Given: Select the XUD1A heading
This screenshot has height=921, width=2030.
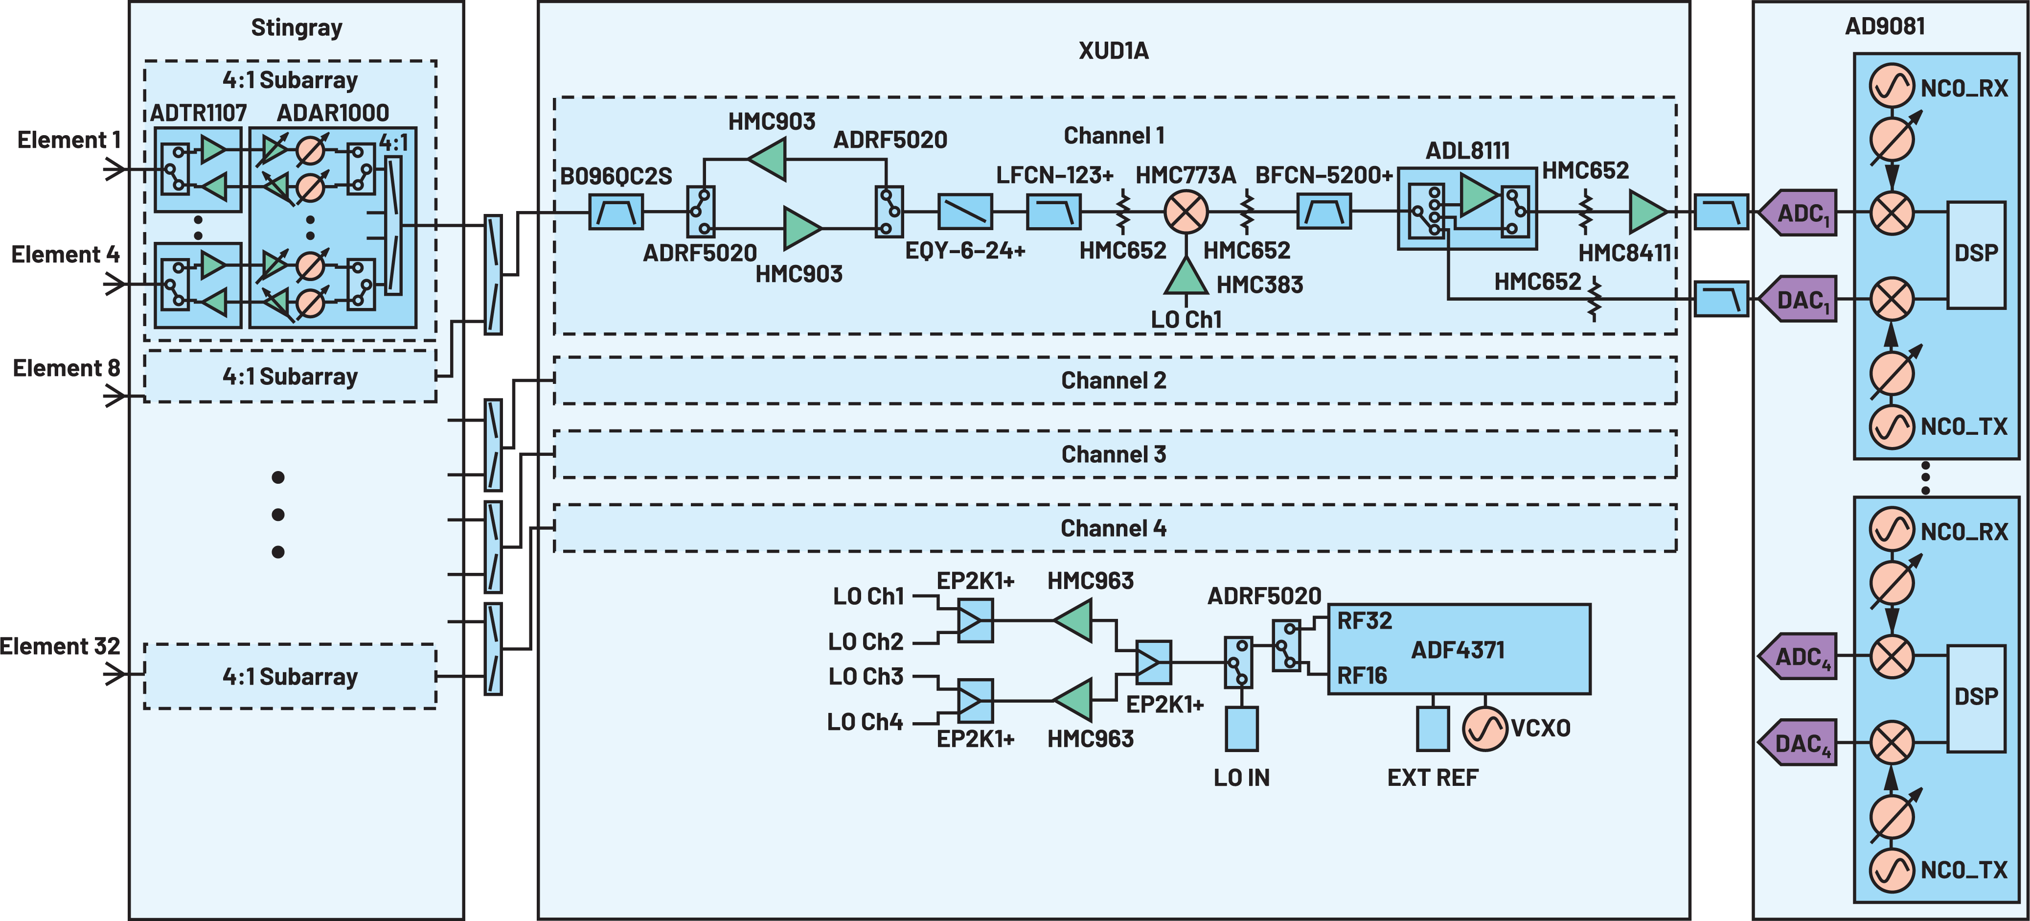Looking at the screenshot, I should coord(1114,51).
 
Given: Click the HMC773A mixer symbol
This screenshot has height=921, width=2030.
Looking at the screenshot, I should coord(1186,212).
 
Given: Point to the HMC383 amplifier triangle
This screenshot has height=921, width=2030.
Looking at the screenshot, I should coord(1186,278).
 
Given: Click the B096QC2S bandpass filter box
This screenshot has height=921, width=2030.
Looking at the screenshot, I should coord(616,212).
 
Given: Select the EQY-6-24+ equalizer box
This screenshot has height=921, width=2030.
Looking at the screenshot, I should coord(964,212).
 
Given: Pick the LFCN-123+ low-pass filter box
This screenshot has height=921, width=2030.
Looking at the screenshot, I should coord(1053,212).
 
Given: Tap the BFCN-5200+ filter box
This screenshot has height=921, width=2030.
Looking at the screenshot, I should coord(1324,212).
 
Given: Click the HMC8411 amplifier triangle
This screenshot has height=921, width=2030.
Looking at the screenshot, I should coord(1646,212).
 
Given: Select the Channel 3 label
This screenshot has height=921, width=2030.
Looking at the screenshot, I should coord(1114,455).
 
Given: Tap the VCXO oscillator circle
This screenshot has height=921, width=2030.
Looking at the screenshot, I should coord(1484,728).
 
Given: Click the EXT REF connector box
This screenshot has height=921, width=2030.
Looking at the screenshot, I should coord(1433,729).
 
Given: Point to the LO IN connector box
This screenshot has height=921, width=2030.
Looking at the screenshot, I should coord(1241,729).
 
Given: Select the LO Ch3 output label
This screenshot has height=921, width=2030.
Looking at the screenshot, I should coord(865,677).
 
